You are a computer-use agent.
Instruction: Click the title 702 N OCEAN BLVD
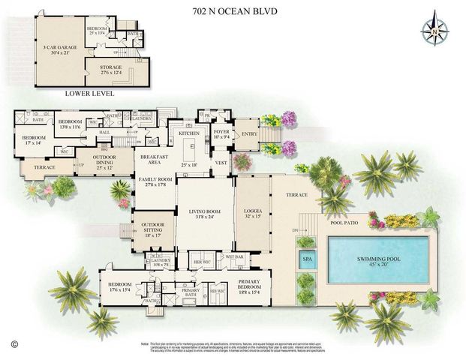pyautogui.click(x=233, y=11)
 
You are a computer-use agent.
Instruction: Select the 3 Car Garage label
pyautogui.click(x=60, y=49)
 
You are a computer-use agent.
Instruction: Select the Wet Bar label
pyautogui.click(x=235, y=256)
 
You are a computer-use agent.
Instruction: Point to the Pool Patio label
pyautogui.click(x=341, y=222)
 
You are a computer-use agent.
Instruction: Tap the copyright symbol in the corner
pyautogui.click(x=13, y=346)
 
